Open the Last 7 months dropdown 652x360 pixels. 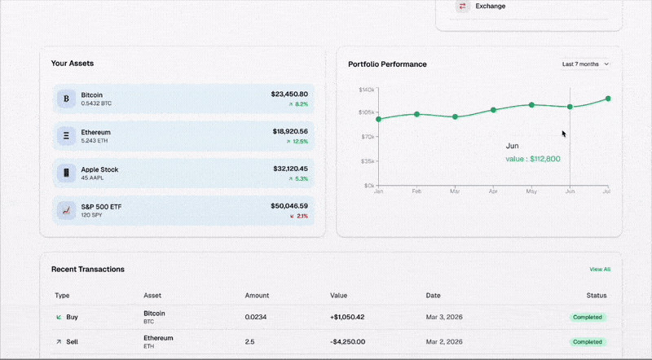coord(585,64)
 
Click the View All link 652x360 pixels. coord(600,269)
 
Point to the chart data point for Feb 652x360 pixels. coord(416,114)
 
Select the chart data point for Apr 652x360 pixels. coord(493,110)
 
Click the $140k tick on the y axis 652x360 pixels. coord(366,90)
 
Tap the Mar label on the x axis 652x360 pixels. coord(455,192)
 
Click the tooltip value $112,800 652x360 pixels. coord(533,159)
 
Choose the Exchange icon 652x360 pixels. coord(462,7)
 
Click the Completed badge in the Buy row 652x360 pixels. coord(587,317)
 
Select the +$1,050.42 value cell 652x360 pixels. coord(347,317)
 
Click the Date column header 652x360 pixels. coord(434,295)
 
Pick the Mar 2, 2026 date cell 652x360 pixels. coord(445,341)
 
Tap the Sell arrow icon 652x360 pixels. coord(59,341)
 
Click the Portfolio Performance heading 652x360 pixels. coord(387,64)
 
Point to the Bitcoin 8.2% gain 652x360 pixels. coord(298,104)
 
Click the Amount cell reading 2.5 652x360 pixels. coord(249,341)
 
